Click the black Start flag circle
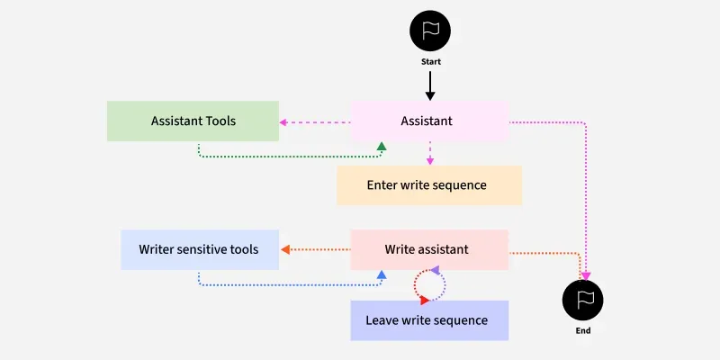click(x=430, y=31)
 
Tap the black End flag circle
click(x=582, y=300)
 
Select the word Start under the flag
click(x=430, y=62)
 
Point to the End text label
click(x=582, y=331)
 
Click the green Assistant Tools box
click(x=193, y=121)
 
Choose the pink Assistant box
click(x=428, y=121)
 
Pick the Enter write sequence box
click(x=428, y=185)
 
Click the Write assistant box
click(x=428, y=249)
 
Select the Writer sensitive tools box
click(x=199, y=249)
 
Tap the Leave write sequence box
click(x=428, y=320)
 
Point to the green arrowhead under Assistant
click(x=382, y=146)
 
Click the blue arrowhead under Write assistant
click(x=382, y=274)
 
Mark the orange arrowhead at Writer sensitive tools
click(x=285, y=249)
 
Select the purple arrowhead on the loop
click(x=435, y=270)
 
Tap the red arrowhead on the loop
click(x=425, y=300)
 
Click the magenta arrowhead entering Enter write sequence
click(x=430, y=160)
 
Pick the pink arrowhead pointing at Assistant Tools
click(x=283, y=121)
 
